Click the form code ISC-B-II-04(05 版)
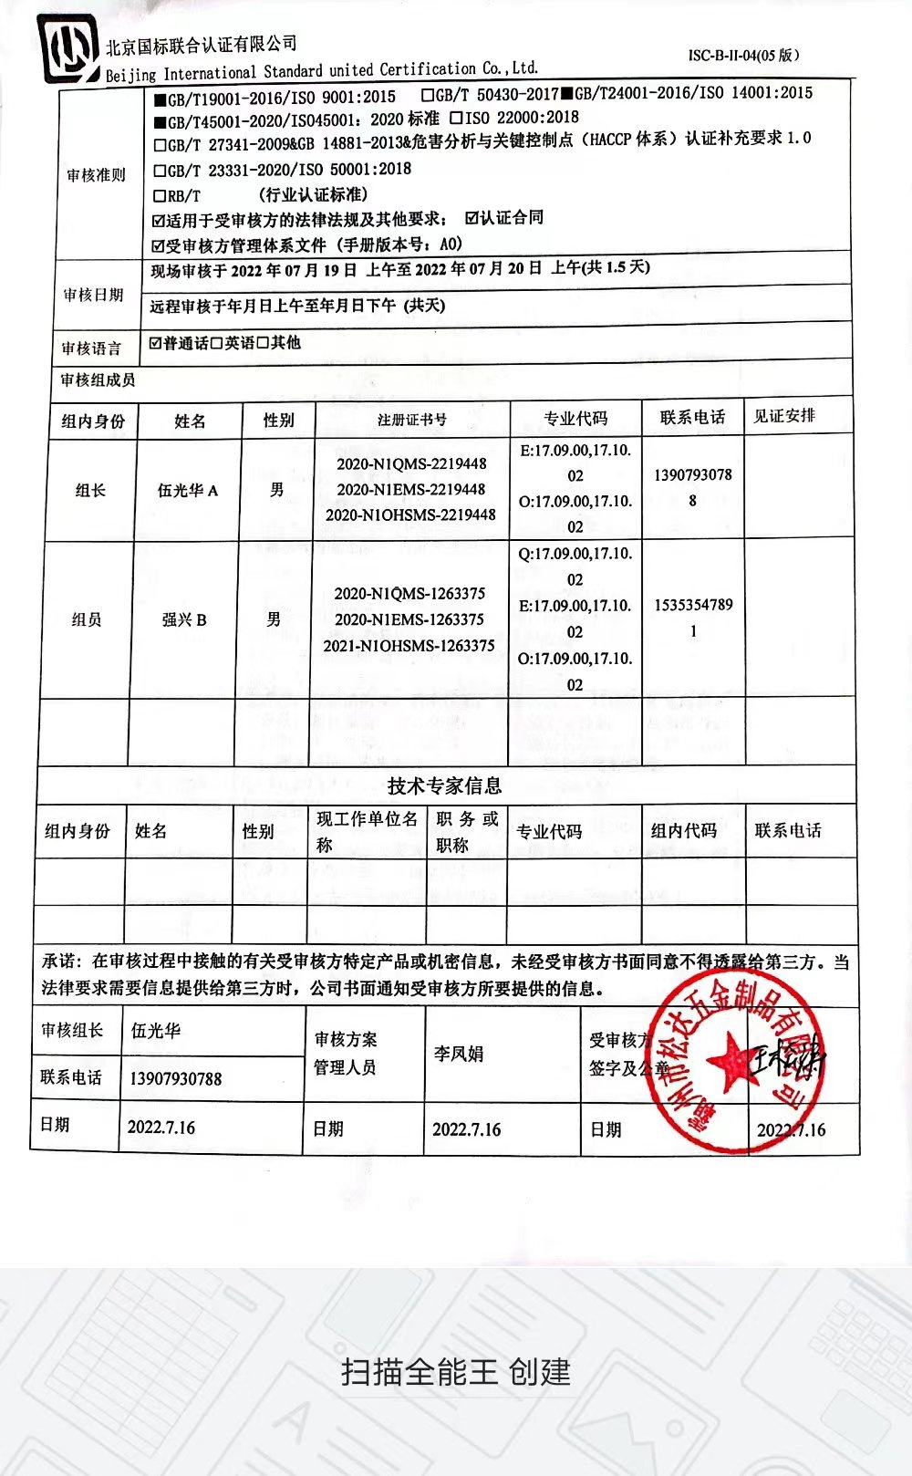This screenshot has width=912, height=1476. coord(743,55)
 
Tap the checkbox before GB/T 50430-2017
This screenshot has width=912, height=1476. coord(428,95)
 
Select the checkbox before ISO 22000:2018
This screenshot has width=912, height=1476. coord(456,118)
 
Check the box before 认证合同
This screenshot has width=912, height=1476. coord(472,218)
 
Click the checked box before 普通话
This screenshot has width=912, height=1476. coord(156,343)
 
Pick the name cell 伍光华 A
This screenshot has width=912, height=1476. coord(188,491)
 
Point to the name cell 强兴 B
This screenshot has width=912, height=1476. coord(184,620)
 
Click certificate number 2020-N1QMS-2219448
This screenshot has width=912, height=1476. coord(411,464)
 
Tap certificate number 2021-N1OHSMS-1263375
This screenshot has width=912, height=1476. coord(409,646)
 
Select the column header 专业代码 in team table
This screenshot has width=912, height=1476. coord(575,419)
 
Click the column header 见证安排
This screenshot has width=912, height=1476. coord(784,416)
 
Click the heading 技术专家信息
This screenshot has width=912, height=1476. coord(444,785)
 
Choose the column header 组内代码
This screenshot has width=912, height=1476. coord(684,831)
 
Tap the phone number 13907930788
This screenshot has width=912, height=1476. coord(176,1079)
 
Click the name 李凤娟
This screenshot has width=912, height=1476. coord(458,1055)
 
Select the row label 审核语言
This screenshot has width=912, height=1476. coord(91,348)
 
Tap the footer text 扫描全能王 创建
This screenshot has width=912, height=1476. coord(456,1371)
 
